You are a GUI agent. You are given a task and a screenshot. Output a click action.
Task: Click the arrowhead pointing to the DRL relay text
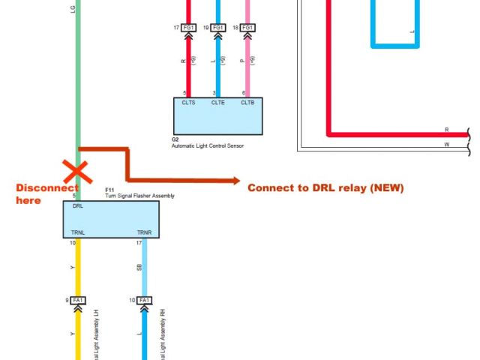click(235, 180)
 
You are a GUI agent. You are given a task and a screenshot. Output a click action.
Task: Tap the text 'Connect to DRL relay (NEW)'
click(325, 188)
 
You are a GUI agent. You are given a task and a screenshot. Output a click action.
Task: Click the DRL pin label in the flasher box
click(78, 205)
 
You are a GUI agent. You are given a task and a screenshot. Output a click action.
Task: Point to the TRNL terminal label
click(79, 233)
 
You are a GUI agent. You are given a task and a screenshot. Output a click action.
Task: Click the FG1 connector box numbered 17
click(187, 28)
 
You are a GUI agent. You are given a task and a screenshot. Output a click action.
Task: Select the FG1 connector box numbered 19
click(217, 28)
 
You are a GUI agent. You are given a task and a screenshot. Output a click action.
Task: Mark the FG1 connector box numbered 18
click(247, 28)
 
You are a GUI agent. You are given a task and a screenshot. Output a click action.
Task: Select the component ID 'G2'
click(175, 139)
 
